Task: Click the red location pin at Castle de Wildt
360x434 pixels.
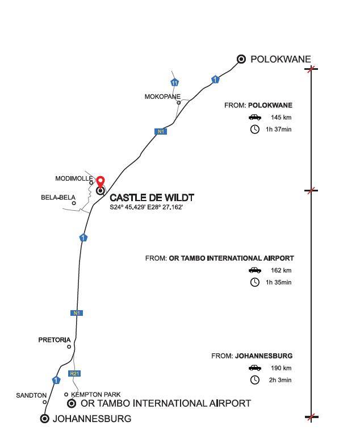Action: tap(101, 182)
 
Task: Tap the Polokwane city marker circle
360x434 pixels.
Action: tap(241, 59)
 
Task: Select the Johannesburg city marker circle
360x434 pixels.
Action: tap(44, 419)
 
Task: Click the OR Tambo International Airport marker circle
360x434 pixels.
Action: tap(72, 403)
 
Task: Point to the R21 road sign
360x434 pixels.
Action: tap(74, 373)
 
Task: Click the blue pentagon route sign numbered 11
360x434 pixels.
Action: tap(174, 82)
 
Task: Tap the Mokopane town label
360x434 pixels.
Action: tap(162, 97)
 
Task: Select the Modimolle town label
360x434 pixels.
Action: tap(74, 178)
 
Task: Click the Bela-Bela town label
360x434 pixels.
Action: tap(58, 197)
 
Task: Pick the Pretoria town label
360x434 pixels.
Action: tap(55, 340)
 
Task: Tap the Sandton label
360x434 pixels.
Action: tap(31, 395)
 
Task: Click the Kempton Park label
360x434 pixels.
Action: tap(96, 394)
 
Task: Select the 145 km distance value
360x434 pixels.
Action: tap(281, 118)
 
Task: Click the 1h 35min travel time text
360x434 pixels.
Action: tap(279, 282)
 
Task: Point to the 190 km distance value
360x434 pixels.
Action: tap(281, 368)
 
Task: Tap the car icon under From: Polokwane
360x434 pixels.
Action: tap(255, 118)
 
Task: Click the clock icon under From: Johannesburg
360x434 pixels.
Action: tap(255, 380)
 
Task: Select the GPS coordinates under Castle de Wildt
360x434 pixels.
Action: tap(146, 207)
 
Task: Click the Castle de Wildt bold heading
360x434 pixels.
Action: tap(152, 198)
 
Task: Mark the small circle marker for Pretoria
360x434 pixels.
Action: tap(69, 347)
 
